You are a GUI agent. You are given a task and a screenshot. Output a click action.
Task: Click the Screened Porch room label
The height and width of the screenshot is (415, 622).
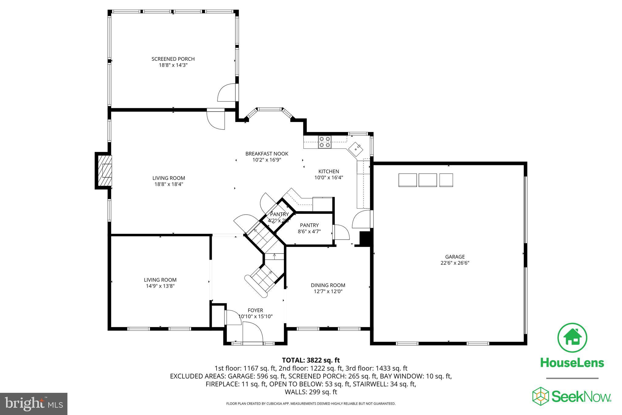tap(173, 59)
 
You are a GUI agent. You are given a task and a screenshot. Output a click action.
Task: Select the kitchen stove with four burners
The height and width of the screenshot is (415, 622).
tap(325, 142)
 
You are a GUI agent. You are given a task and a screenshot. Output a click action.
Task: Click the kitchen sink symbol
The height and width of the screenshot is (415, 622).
tap(356, 149)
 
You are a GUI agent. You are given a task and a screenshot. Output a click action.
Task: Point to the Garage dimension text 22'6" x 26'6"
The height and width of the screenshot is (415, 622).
tap(455, 263)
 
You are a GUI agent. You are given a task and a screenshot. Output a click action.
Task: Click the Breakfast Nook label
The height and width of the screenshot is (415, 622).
tap(267, 154)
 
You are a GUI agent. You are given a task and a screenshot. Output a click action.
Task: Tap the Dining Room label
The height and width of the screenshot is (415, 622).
tap(328, 285)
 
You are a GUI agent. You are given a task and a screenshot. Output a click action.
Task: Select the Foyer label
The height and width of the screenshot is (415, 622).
tap(255, 310)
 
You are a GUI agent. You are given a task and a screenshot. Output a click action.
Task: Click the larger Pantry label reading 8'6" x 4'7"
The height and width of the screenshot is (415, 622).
tap(309, 225)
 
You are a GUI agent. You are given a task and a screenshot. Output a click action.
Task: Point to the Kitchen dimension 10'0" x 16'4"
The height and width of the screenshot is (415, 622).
tap(328, 178)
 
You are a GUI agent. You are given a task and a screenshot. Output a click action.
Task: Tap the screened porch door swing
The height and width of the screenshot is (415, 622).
tap(227, 93)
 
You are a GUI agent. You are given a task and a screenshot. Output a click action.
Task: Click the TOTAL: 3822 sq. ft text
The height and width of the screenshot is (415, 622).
tap(311, 360)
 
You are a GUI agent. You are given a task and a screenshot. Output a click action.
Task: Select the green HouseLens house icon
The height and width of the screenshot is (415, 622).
tap(572, 338)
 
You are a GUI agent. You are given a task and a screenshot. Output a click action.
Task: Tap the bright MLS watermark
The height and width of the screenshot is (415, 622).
tap(33, 403)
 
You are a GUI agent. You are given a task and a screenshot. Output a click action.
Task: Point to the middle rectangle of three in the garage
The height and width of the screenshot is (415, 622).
tap(427, 180)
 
